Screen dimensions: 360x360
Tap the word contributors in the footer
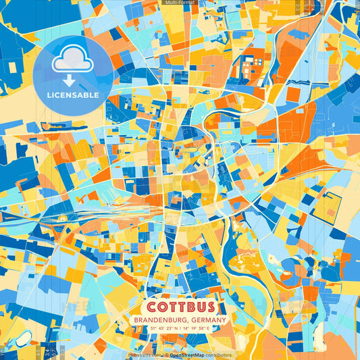[217, 355]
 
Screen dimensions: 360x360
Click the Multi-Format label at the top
[180, 3]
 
